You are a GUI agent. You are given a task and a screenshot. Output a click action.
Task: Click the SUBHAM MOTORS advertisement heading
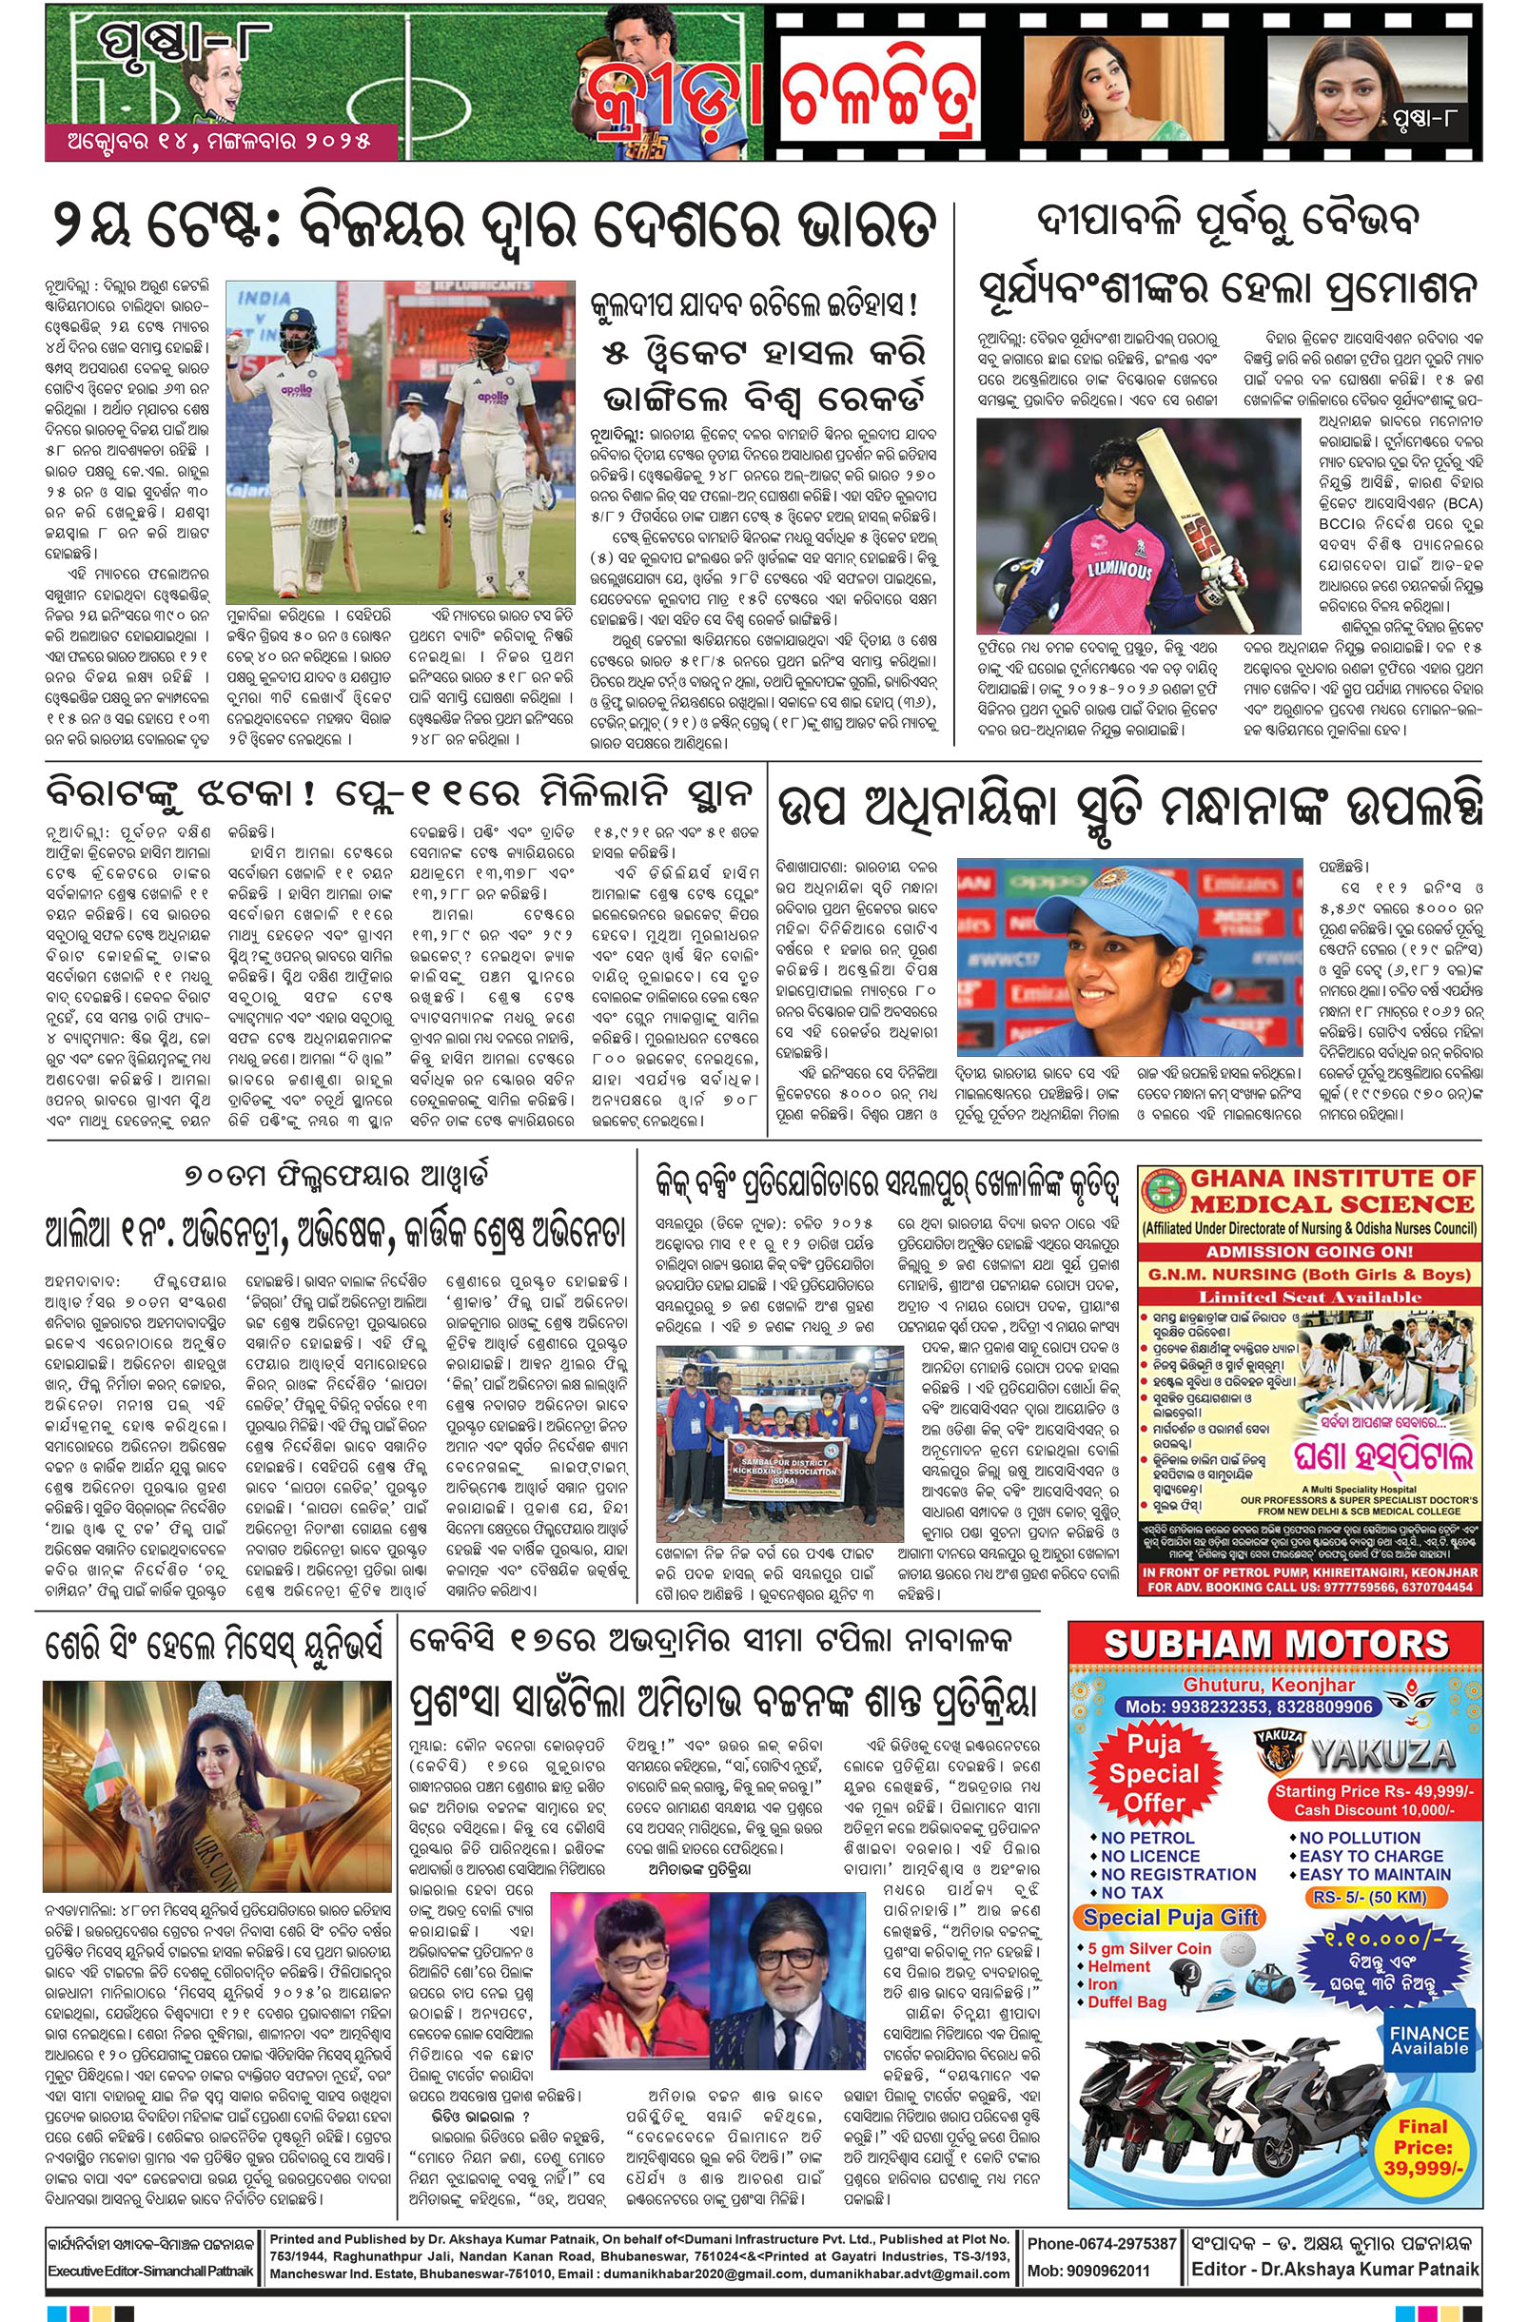coord(1275,1644)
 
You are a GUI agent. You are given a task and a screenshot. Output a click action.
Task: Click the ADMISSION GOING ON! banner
coord(1308,1251)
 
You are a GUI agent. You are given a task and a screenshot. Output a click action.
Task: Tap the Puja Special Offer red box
coord(1153,1774)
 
